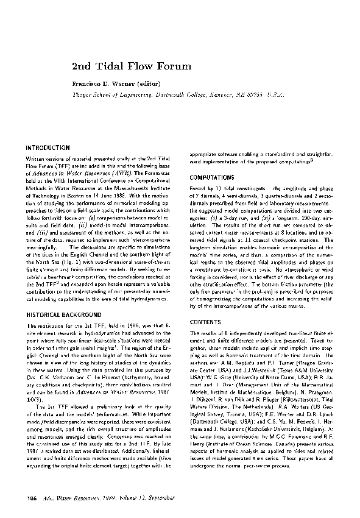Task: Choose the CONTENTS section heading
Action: pos(205,321)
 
